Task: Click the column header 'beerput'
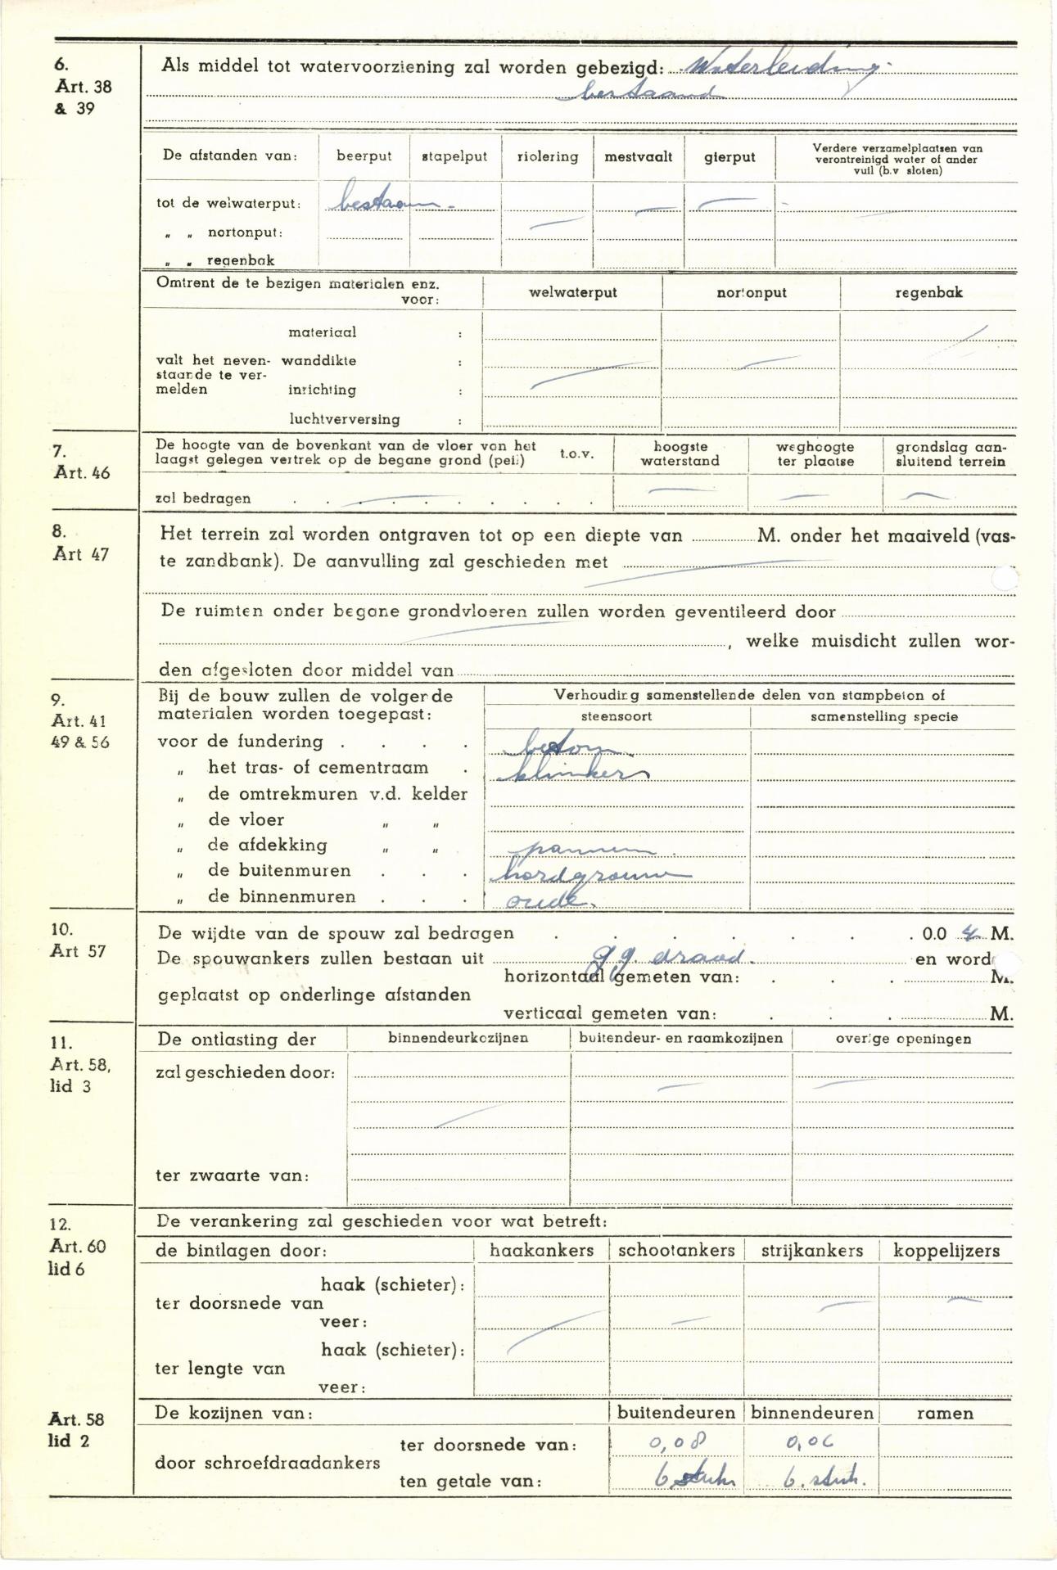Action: coord(364,156)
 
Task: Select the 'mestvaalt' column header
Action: coord(638,156)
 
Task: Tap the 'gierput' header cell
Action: coord(729,157)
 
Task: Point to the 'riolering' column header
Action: coord(547,156)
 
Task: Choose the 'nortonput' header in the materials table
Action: coord(751,292)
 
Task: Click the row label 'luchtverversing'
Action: coord(344,419)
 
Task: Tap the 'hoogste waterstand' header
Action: coord(680,453)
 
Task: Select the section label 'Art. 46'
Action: coord(82,472)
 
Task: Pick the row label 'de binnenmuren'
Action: coord(281,896)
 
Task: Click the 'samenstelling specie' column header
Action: coord(883,716)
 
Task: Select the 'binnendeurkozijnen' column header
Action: coord(458,1038)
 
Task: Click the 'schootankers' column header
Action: coord(676,1251)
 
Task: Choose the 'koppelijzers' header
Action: coord(946,1251)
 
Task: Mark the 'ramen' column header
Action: coord(945,1413)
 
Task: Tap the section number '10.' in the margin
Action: coord(61,929)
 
